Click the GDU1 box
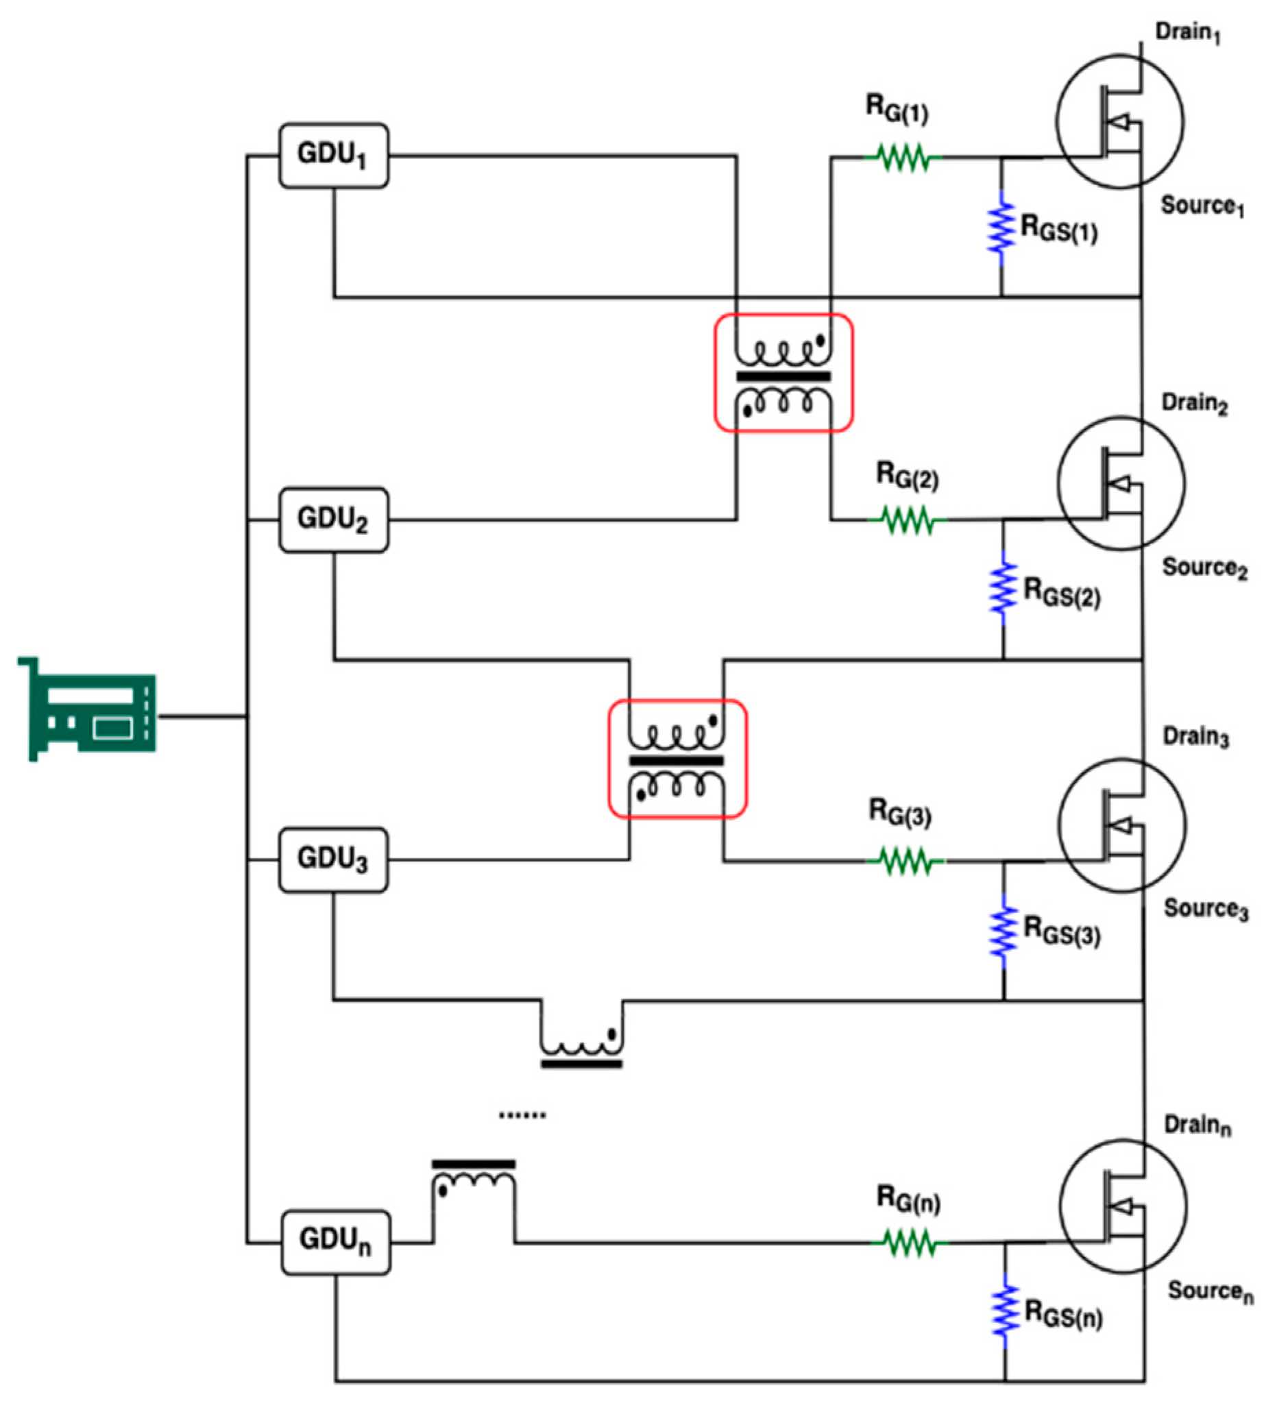333,156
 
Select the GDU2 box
333,520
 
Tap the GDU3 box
333,860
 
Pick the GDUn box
335,1243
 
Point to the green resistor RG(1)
902,158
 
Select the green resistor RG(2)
907,520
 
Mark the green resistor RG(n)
909,1243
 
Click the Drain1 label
1188,32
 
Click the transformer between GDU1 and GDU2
783,374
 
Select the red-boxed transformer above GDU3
677,759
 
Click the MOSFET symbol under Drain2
1121,484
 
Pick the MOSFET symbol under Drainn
1123,1206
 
